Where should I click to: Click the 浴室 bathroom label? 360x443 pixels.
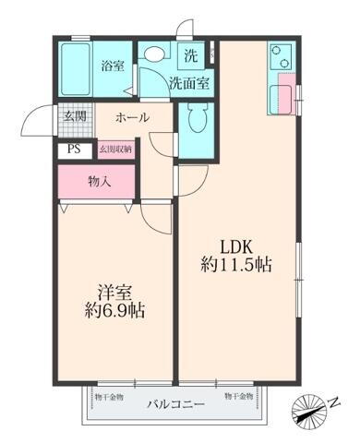tap(113, 66)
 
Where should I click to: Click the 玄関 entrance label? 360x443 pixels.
tap(74, 116)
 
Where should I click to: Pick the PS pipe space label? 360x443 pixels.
tap(73, 148)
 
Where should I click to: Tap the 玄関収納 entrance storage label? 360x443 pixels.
tap(114, 148)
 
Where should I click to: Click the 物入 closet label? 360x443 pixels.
tap(100, 181)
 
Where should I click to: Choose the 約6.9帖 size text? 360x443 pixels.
tap(115, 311)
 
